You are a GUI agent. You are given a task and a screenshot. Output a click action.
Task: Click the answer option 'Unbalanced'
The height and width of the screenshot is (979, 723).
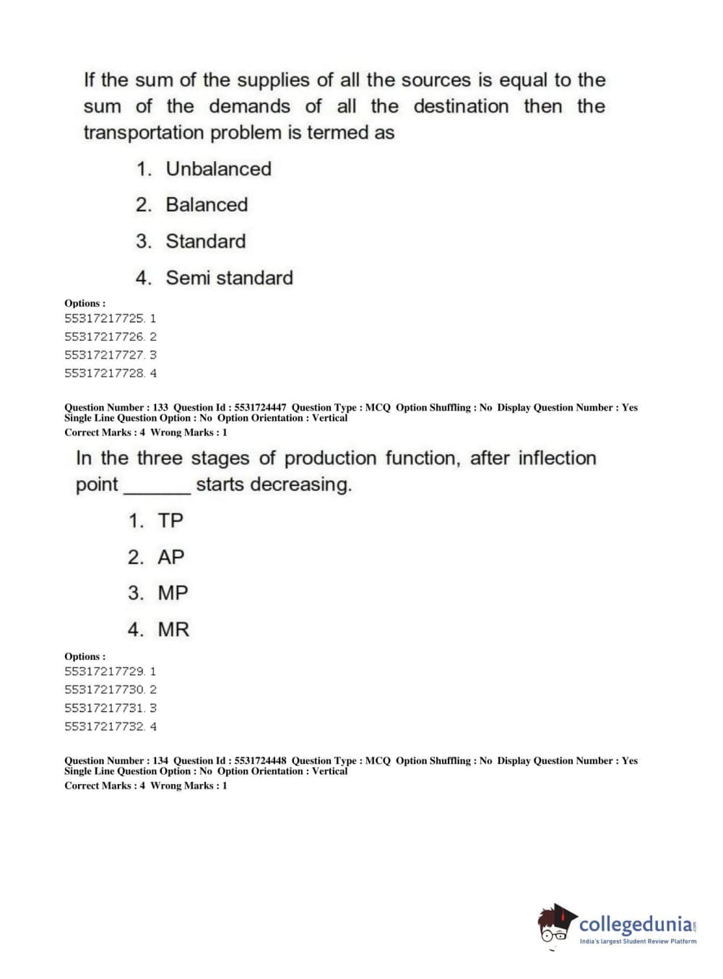coord(218,169)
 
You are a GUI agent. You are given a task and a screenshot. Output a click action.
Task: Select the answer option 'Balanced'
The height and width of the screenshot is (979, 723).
coord(207,205)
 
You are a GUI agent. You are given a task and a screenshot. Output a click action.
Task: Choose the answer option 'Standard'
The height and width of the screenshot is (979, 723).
coord(206,241)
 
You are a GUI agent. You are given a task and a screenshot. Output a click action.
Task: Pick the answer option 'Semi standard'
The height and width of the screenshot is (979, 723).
coord(229,278)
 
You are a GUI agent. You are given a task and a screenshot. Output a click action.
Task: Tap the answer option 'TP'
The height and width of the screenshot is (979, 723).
coord(170,521)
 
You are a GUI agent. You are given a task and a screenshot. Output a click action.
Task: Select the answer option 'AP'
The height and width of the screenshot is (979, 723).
coord(171,557)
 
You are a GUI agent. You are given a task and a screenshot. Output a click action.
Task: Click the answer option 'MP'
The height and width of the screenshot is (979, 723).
coord(173,593)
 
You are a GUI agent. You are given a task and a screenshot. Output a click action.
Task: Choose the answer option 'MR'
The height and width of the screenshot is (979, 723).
coord(173,630)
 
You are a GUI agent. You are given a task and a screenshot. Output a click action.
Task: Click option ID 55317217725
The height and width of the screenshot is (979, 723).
coord(104,318)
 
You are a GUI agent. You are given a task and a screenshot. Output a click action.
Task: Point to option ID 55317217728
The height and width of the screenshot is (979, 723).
coord(104,373)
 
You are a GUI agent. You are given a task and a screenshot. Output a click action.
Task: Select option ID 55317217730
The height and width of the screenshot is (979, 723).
coord(104,689)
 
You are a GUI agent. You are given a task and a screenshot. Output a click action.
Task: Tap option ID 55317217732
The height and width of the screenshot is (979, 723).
coord(104,726)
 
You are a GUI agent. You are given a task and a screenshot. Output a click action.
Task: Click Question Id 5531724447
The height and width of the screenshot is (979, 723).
coord(260,408)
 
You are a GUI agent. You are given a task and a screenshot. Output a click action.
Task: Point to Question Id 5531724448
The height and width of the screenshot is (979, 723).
coord(260,761)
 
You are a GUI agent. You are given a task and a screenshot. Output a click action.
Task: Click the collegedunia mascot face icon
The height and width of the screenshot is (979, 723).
coord(555,926)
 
